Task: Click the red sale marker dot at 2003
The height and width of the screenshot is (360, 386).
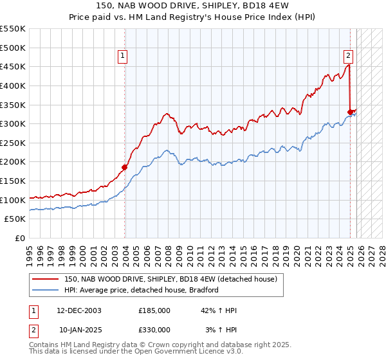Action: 125,167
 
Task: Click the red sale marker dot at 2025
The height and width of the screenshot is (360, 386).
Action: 350,111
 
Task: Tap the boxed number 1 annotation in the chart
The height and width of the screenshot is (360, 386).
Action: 122,56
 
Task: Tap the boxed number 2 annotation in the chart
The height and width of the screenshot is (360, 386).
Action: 347,56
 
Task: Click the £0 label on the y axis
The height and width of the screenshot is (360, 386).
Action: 21,238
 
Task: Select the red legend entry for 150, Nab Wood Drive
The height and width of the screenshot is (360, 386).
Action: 170,279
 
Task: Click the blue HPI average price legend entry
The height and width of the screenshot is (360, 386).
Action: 142,290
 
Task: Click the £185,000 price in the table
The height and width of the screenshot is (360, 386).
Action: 154,310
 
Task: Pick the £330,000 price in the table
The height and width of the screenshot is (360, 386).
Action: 154,330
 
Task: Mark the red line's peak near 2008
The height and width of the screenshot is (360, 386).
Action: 167,114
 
